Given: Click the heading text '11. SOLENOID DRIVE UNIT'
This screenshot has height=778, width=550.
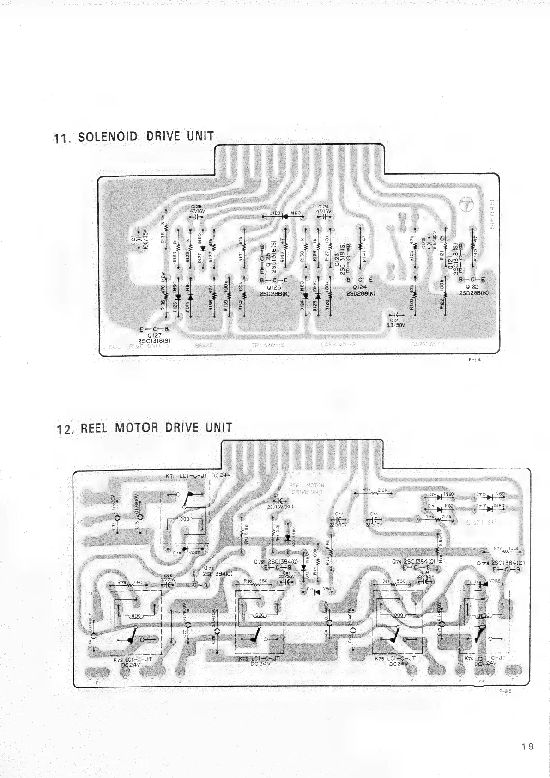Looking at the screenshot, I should coord(134,137).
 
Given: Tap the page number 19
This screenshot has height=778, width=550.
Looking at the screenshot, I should coord(526,746).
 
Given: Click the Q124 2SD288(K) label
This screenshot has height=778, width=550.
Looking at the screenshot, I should coord(359,290).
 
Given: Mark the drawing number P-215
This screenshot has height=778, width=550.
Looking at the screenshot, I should coord(505,692).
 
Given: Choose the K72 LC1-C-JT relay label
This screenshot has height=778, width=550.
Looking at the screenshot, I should coord(133,662).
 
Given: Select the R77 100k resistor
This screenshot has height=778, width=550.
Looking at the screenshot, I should coord(505,550).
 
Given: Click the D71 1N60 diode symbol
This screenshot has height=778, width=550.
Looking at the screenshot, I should coord(317,592).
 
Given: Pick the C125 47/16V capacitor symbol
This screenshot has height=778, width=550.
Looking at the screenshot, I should coord(198,215).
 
